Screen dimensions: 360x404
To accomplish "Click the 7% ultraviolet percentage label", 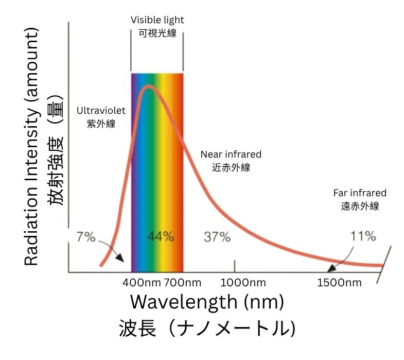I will pos(85,237).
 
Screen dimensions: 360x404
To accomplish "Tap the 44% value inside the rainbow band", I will pos(161,237).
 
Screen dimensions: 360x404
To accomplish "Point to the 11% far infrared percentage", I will pos(363,236).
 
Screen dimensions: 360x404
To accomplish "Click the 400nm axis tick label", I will pos(142,283).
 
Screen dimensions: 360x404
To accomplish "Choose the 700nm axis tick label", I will pos(183,283).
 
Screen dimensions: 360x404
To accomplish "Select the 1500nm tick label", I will pos(339,283).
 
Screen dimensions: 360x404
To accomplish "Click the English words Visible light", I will pos(157,20).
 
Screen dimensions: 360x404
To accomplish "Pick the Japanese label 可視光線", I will pos(157,33).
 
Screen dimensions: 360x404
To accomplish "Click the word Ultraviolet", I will pos(101,110).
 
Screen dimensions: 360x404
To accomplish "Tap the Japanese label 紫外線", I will pos(101,124).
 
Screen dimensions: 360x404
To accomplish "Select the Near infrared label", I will pos(231,154).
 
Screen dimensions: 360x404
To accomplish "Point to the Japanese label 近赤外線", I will pos(231,167).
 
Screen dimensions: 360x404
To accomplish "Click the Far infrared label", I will pos(360,193).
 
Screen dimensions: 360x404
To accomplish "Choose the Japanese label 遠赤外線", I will pos(360,206).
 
